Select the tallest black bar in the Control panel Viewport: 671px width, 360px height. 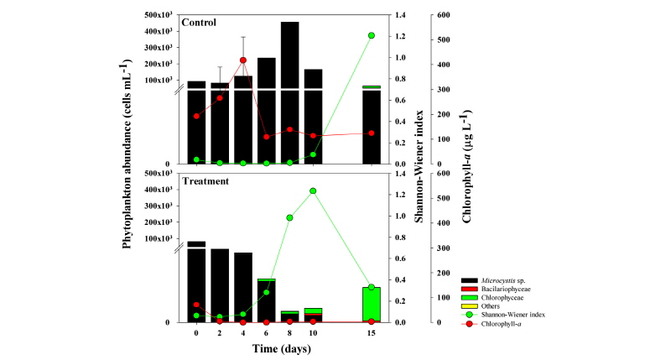tap(289, 92)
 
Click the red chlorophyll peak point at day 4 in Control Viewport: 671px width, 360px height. tap(243, 60)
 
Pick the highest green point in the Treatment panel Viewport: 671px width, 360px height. tap(313, 191)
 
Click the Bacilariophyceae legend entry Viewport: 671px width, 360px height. tap(504, 288)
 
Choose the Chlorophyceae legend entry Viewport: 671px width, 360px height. tap(501, 297)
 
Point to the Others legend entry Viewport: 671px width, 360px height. tap(492, 305)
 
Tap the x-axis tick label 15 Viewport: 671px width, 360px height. tap(372, 333)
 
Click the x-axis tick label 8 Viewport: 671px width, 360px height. tap(289, 333)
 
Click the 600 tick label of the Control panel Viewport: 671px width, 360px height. tap(441, 15)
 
